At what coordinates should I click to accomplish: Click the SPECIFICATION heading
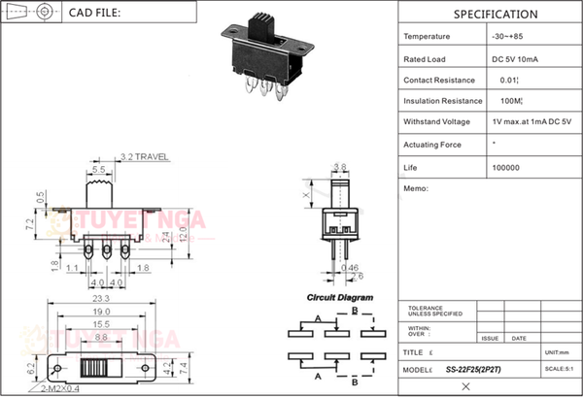pyautogui.click(x=495, y=15)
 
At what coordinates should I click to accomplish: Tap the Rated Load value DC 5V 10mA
pyautogui.click(x=518, y=58)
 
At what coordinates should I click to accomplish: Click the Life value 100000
pyautogui.click(x=506, y=167)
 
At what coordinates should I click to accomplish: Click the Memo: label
pyautogui.click(x=415, y=188)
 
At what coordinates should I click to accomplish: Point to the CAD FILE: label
pyautogui.click(x=95, y=14)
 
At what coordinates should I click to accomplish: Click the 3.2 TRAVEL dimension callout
pyautogui.click(x=146, y=156)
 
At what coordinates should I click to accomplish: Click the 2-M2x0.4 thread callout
pyautogui.click(x=62, y=388)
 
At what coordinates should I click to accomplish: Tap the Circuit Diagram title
pyautogui.click(x=340, y=298)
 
